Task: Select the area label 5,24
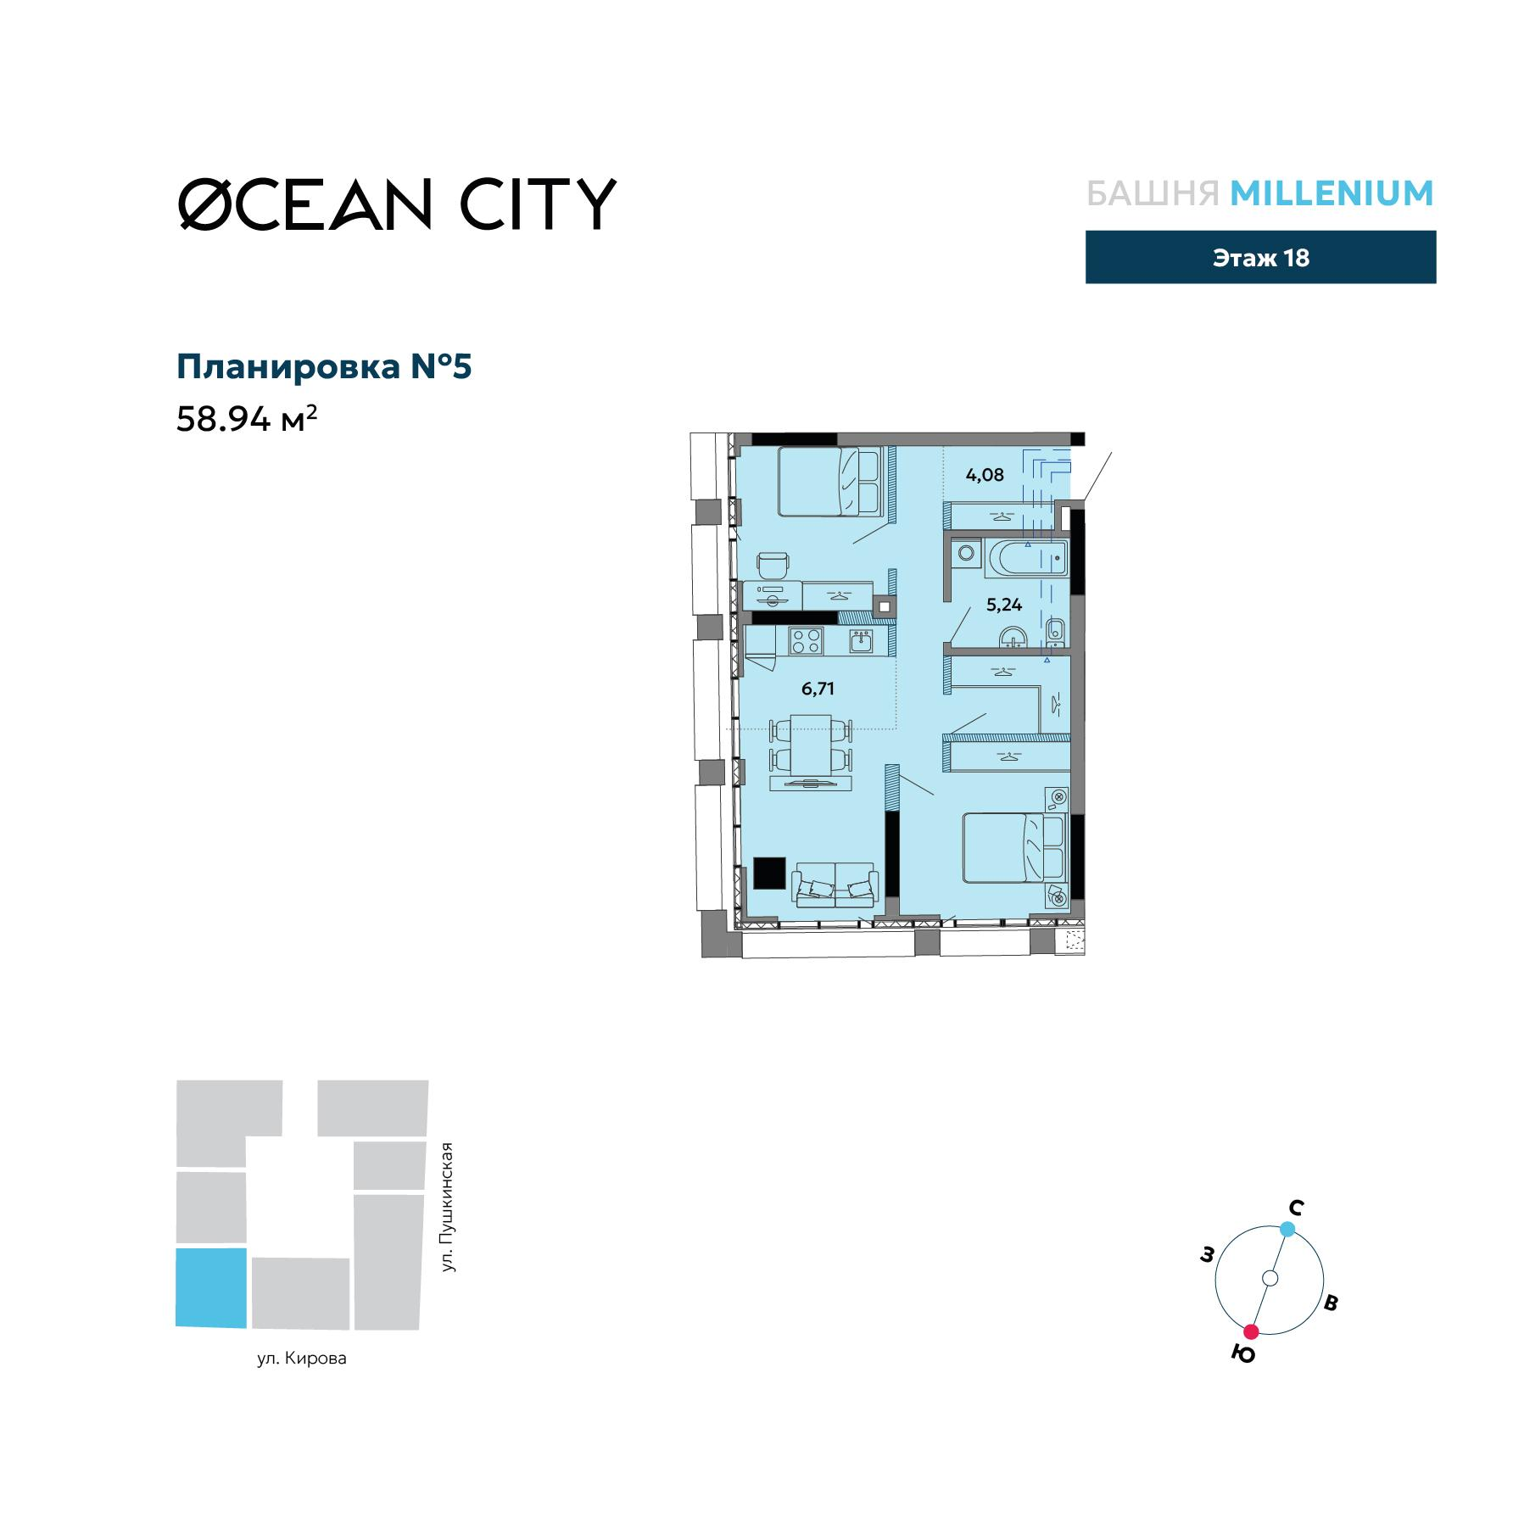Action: point(1003,605)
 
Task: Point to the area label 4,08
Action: point(984,475)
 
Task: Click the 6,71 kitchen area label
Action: point(818,689)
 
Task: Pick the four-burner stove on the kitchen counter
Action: point(805,640)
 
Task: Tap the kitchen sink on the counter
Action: point(863,640)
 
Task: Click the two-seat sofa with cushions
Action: point(835,886)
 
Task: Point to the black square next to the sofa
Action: point(769,873)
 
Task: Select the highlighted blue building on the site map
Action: point(211,1286)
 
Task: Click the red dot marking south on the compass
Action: point(1251,1331)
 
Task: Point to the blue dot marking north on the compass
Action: point(1287,1229)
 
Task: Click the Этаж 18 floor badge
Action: point(1260,258)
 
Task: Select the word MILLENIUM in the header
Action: point(1332,193)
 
